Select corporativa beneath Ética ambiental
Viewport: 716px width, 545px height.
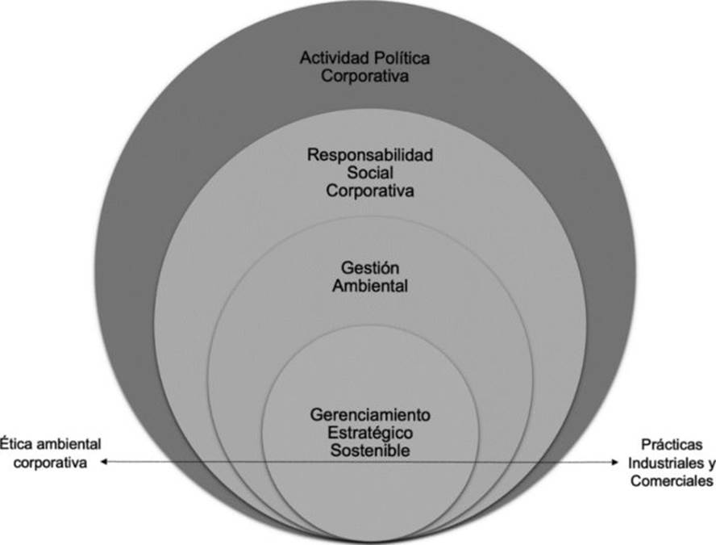(x=51, y=463)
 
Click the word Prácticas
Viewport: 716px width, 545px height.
(x=667, y=445)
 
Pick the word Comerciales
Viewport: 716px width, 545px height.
(x=669, y=482)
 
